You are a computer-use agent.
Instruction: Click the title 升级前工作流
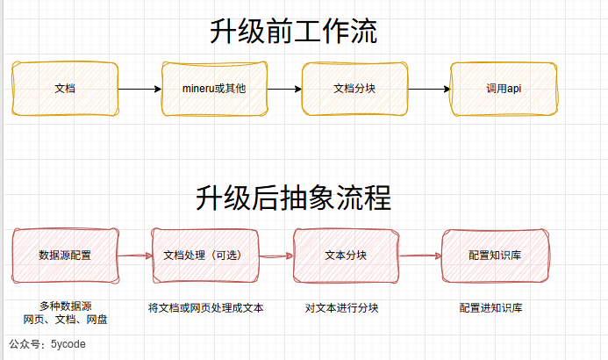click(x=293, y=32)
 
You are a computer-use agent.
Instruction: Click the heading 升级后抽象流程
click(x=293, y=198)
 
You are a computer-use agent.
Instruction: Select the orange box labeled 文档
click(x=65, y=89)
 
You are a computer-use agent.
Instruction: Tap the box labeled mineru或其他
click(x=213, y=89)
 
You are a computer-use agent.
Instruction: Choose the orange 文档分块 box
click(x=354, y=89)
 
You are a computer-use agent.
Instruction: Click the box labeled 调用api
click(x=504, y=89)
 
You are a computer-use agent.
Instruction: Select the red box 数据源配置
click(x=65, y=256)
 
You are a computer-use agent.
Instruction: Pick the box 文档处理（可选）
click(x=205, y=256)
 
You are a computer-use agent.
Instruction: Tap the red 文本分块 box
click(x=346, y=256)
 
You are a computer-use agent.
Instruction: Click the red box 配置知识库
click(x=496, y=256)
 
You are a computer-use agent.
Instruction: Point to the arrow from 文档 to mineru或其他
click(x=139, y=89)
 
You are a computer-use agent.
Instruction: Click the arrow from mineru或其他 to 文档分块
click(x=284, y=89)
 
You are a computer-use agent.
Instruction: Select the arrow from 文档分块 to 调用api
click(x=429, y=89)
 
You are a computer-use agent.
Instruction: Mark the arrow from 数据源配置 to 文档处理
click(x=134, y=256)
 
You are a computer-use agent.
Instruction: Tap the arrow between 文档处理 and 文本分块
click(x=275, y=256)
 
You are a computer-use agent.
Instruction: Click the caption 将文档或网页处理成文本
click(x=206, y=308)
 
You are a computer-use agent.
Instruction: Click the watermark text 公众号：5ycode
click(x=47, y=345)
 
